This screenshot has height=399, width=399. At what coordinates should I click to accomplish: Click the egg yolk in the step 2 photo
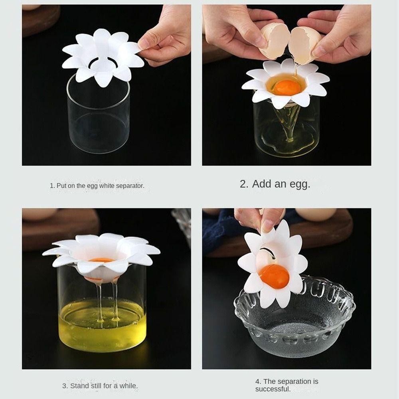(286, 88)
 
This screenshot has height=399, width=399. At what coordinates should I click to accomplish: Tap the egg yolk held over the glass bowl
(274, 277)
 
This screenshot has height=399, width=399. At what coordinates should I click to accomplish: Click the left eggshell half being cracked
(275, 41)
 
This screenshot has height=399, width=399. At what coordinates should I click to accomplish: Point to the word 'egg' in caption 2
(302, 184)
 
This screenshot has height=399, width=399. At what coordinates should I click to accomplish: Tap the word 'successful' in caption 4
(272, 389)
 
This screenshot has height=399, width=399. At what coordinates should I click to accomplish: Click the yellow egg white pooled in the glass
(102, 324)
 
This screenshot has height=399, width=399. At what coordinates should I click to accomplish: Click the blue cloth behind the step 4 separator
(219, 229)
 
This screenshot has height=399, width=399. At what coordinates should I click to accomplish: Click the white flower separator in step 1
(102, 57)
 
